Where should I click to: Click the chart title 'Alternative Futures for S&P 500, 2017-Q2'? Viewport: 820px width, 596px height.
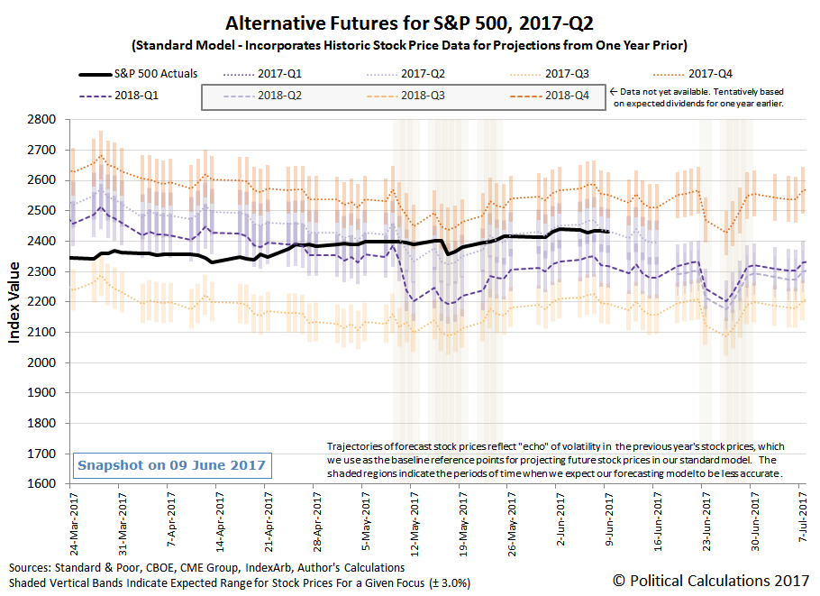[x=410, y=23]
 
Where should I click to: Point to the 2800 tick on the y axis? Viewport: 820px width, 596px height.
[x=43, y=119]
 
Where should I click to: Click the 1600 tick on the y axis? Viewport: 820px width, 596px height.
[x=43, y=483]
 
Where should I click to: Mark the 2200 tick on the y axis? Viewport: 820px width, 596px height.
[x=43, y=301]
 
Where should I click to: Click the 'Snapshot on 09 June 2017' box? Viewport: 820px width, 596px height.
[x=171, y=465]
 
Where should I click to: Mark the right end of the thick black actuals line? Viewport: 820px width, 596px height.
[x=609, y=232]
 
